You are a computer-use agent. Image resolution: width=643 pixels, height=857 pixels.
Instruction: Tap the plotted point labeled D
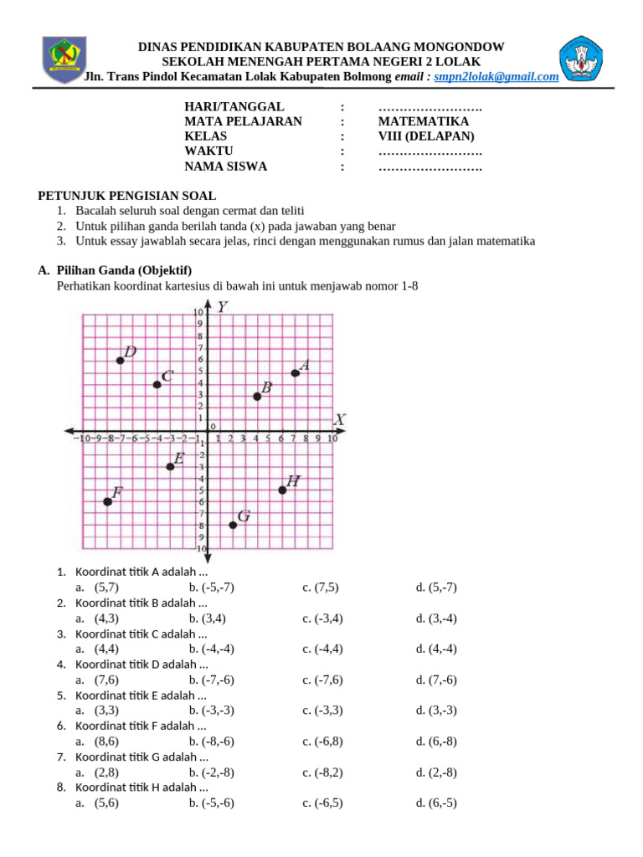(x=121, y=360)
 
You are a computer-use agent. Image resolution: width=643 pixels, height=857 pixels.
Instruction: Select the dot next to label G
(x=233, y=525)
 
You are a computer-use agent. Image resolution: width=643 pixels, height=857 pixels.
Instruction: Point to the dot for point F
(x=107, y=501)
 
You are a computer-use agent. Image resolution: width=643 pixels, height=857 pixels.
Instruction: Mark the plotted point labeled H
(x=282, y=490)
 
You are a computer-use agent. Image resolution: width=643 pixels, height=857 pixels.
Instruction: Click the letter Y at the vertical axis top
(x=222, y=307)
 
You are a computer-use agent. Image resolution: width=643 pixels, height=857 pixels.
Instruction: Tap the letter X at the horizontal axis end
(x=340, y=418)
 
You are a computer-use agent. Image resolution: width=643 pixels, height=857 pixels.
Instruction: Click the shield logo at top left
(x=61, y=59)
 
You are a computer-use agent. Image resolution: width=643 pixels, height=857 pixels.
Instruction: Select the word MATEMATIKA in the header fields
(x=424, y=121)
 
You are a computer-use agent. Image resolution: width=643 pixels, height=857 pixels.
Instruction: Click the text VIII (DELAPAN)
(x=426, y=136)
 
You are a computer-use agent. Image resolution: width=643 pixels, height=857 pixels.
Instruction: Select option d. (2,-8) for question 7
(x=436, y=772)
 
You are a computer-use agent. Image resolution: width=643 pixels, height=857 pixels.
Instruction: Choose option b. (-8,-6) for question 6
(x=211, y=742)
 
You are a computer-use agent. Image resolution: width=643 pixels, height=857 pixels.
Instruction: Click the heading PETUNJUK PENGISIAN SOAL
(x=126, y=195)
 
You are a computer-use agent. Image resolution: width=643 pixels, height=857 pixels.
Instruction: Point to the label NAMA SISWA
(x=225, y=167)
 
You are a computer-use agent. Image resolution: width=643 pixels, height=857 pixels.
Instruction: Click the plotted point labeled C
(x=157, y=384)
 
